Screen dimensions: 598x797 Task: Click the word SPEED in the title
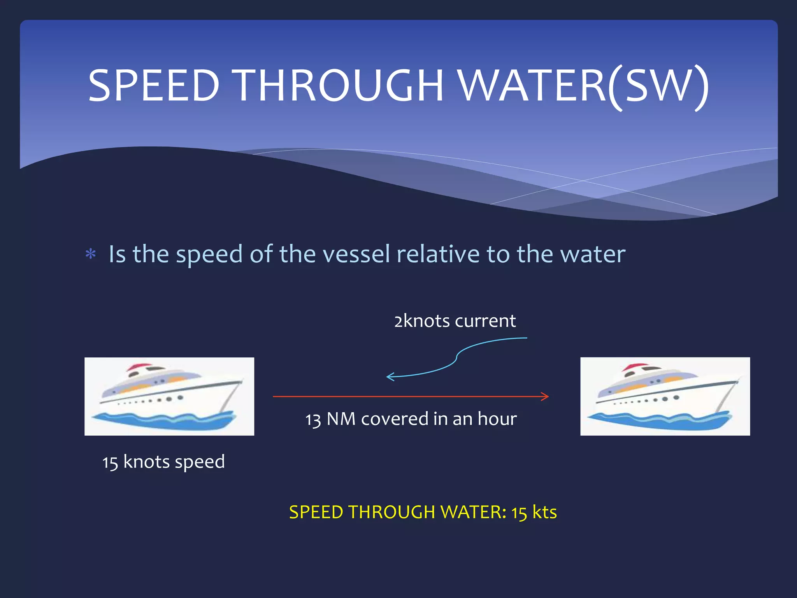[154, 86]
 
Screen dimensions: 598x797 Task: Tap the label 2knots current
[455, 321]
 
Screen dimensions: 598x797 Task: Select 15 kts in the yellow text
[534, 512]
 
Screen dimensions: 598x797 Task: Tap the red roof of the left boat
[139, 366]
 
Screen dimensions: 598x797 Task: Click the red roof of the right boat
[634, 366]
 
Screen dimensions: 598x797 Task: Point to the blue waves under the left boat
[163, 421]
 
